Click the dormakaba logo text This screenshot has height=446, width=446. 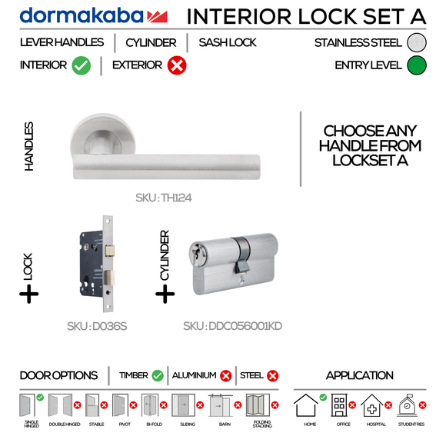[81, 15]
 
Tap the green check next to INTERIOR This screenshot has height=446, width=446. [82, 66]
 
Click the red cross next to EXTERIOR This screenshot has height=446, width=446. [177, 66]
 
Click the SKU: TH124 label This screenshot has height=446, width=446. [163, 198]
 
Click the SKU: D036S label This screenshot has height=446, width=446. [98, 326]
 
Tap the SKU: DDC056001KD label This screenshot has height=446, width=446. [233, 326]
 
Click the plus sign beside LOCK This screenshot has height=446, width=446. [28, 293]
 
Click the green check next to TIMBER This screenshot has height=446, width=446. [158, 376]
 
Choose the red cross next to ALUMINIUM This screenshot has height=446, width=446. [226, 376]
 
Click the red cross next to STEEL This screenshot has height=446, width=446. [272, 376]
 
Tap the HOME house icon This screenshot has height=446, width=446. [307, 406]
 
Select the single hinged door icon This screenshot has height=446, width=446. [29, 405]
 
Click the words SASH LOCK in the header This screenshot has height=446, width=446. [228, 43]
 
